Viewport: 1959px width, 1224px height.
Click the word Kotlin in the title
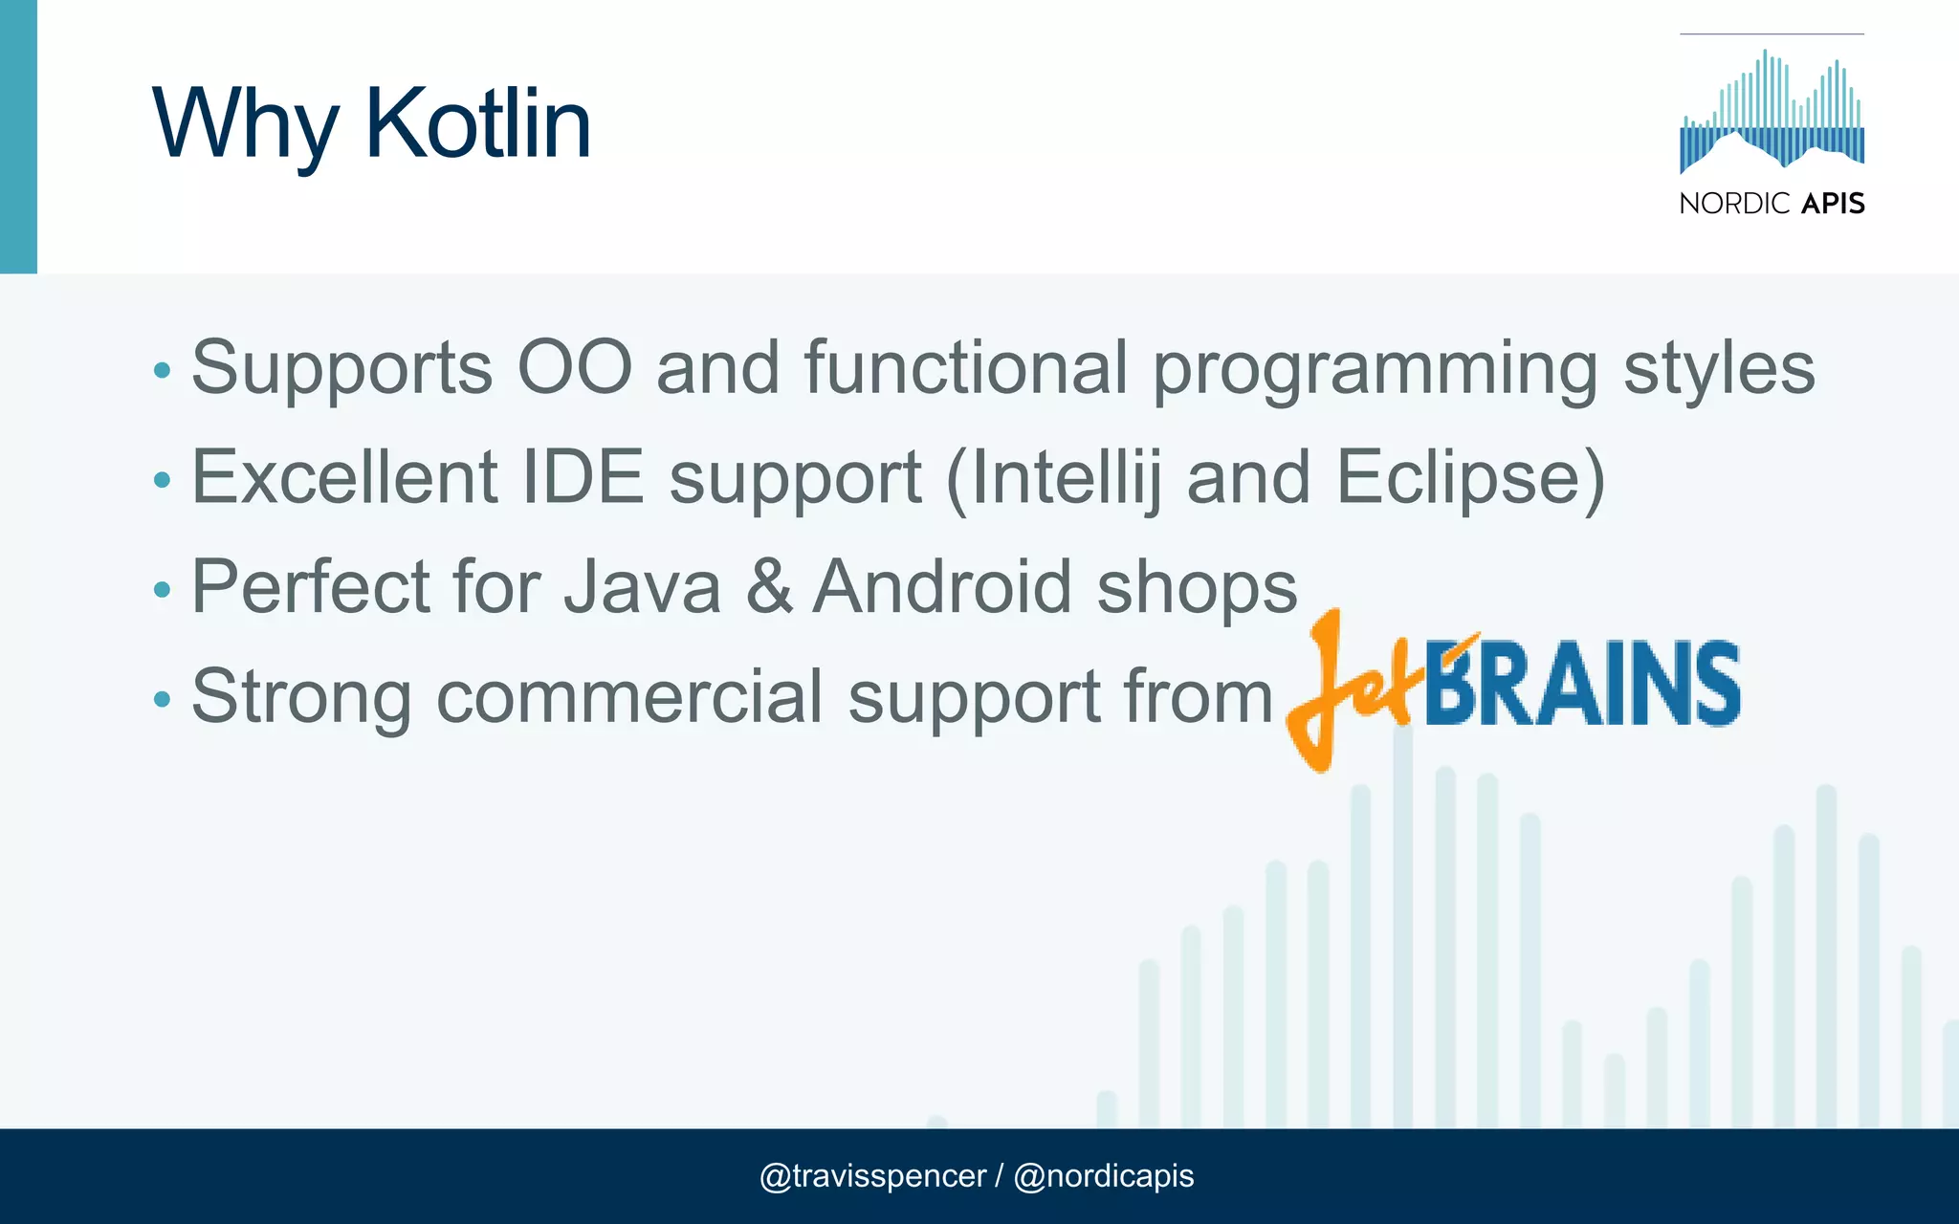click(477, 123)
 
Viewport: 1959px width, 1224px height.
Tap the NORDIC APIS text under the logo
click(1772, 204)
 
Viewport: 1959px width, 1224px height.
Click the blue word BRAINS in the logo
click(1582, 684)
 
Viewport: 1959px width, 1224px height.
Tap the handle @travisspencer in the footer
click(871, 1175)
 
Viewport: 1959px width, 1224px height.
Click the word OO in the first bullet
click(574, 367)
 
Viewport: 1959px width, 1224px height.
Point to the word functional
click(966, 367)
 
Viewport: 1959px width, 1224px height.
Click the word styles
click(1719, 369)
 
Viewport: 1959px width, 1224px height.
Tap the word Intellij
click(1066, 478)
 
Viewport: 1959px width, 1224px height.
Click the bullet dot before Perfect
click(162, 590)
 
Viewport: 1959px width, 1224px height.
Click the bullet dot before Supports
click(162, 370)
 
